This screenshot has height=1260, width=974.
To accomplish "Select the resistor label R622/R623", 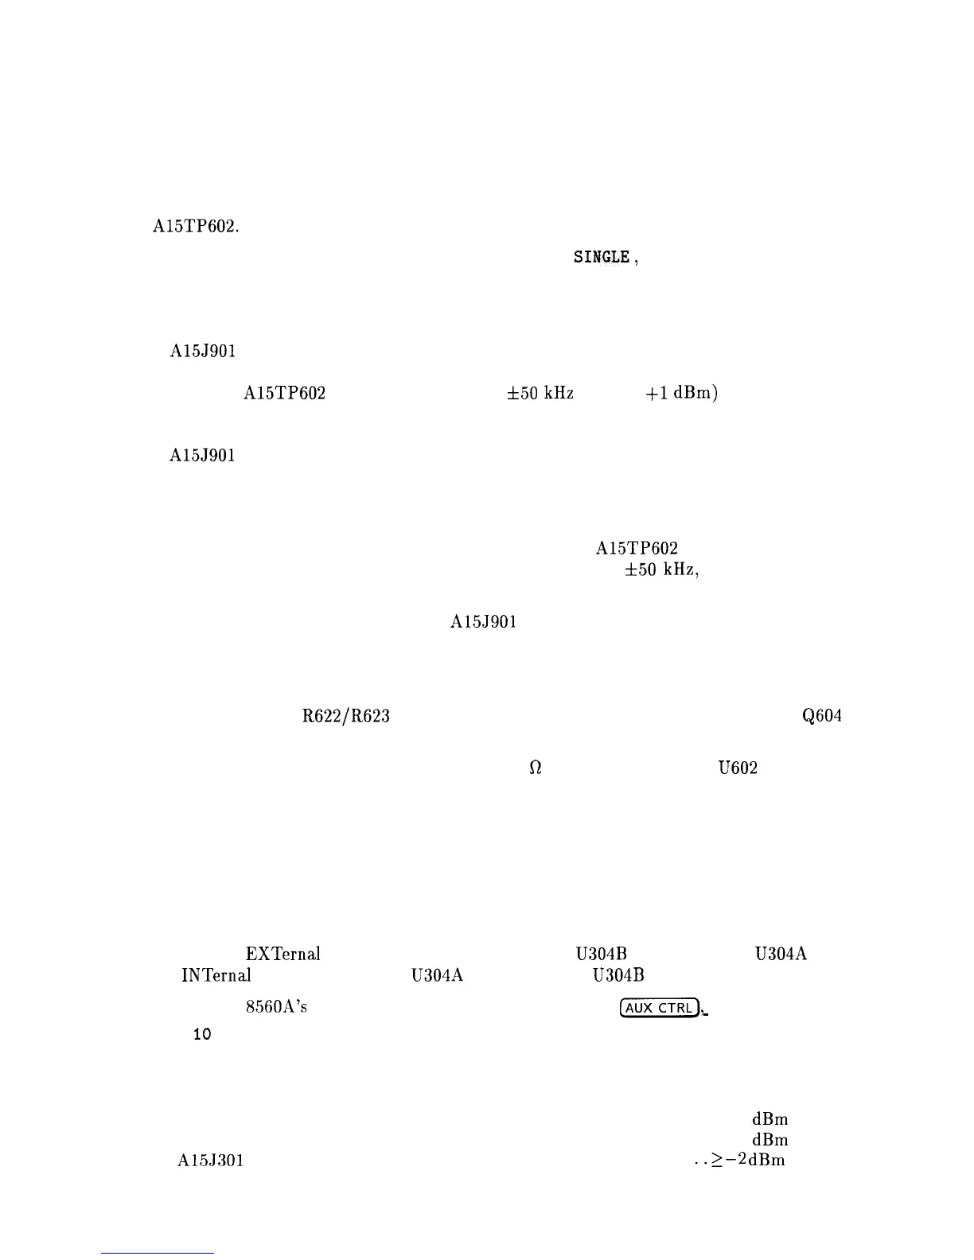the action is pos(346,716).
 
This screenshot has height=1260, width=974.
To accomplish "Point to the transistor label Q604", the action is pos(822,716).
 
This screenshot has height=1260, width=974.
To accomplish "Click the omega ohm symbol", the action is pos(536,768).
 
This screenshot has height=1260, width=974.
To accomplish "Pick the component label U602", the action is pos(737,768).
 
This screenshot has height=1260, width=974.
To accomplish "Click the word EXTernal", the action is pos(282,954).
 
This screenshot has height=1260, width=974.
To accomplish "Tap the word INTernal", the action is pos(216,974).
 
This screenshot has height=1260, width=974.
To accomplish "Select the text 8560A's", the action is pos(276,1007).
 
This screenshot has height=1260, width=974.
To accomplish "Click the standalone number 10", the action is pos(202,1035).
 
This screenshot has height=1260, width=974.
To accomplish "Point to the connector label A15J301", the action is pos(209,1161).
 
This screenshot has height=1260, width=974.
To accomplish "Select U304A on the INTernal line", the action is pos(437,974).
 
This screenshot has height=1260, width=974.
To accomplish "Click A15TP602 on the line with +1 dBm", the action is pos(284,393).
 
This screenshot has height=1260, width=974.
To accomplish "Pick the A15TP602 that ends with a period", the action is pos(196,226).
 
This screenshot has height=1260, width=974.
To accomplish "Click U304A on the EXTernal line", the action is pos(781,954).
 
